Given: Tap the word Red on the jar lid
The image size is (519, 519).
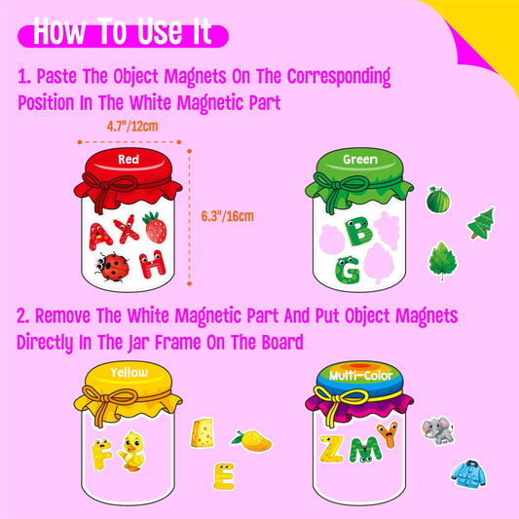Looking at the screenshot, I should (129, 159).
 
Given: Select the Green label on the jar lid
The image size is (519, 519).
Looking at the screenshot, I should (354, 158).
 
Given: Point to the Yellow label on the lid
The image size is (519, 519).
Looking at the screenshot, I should (129, 373).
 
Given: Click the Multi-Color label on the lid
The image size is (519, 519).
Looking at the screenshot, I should (354, 373).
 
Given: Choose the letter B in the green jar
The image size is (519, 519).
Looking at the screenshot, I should (359, 231).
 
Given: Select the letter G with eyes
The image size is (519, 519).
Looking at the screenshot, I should (346, 269).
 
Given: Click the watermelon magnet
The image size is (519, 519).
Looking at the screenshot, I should (438, 201).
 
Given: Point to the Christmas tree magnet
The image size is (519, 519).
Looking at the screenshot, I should (481, 222).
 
